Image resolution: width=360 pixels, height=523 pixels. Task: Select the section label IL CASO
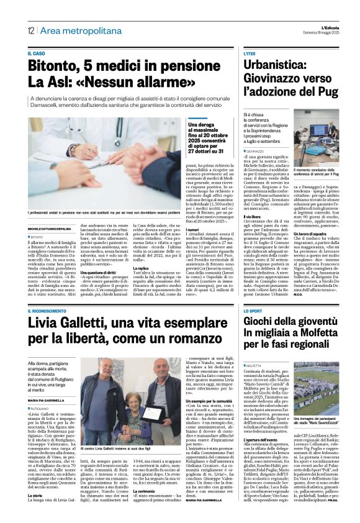coord(37,55)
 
